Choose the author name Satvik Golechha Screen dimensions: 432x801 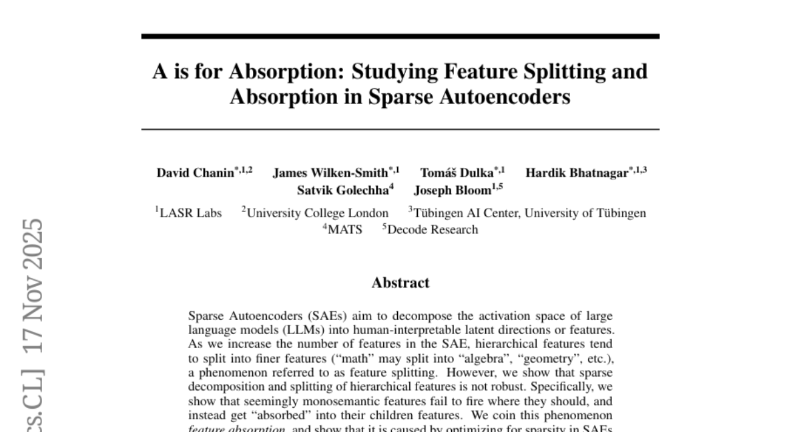[x=342, y=190]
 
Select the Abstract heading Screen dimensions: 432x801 [x=400, y=283]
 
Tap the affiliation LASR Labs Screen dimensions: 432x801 [x=190, y=213]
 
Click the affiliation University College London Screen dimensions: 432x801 [x=317, y=213]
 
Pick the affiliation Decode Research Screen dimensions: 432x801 [x=433, y=230]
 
